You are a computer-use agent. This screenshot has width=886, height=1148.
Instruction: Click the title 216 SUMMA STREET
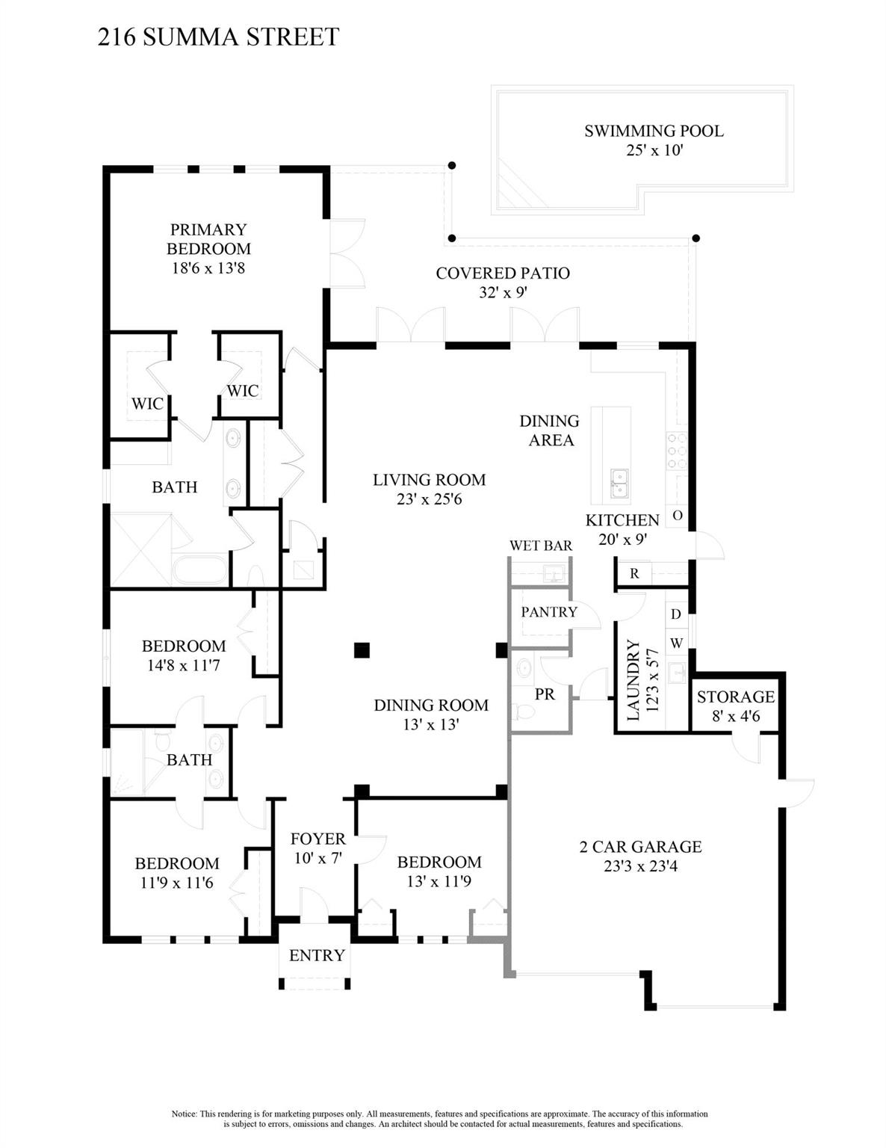(x=218, y=37)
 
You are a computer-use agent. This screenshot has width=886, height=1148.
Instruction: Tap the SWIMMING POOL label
(x=654, y=132)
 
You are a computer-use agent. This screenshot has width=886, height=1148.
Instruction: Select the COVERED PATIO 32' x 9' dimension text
(x=503, y=293)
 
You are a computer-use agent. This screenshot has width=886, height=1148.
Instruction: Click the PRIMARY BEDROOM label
(x=208, y=239)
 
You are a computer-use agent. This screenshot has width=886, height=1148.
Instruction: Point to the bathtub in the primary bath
(x=200, y=570)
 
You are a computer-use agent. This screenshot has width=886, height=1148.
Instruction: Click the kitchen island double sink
(x=619, y=483)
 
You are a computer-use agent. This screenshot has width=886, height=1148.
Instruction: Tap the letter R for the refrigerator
(x=634, y=573)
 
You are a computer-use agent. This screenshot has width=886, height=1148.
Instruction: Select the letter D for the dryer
(x=675, y=614)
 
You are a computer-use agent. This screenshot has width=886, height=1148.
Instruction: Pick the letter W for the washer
(x=676, y=643)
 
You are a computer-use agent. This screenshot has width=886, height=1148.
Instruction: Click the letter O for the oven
(x=678, y=516)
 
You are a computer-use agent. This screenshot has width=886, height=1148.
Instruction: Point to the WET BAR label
(x=541, y=546)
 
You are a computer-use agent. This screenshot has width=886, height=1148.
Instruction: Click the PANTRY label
(x=549, y=612)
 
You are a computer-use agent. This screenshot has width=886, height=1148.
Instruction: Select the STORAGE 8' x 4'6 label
(x=736, y=706)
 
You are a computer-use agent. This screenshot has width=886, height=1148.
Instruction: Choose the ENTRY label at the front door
(x=317, y=955)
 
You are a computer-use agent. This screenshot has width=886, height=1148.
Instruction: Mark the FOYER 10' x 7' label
(x=318, y=848)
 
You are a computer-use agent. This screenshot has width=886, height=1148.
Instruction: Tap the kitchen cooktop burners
(x=677, y=451)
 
